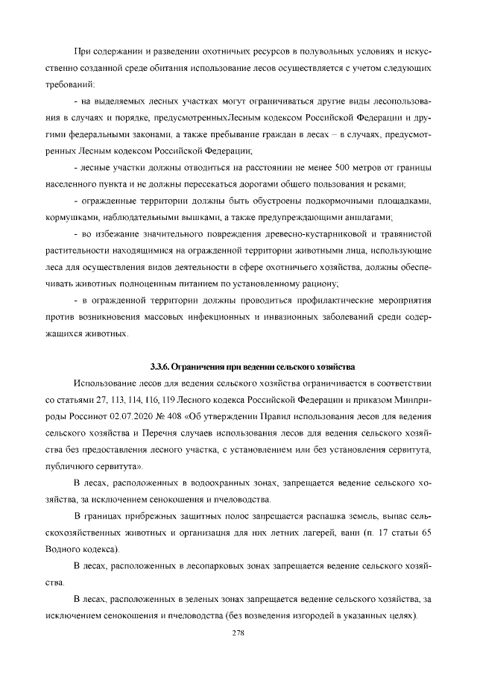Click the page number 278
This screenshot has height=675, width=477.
click(239, 632)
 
